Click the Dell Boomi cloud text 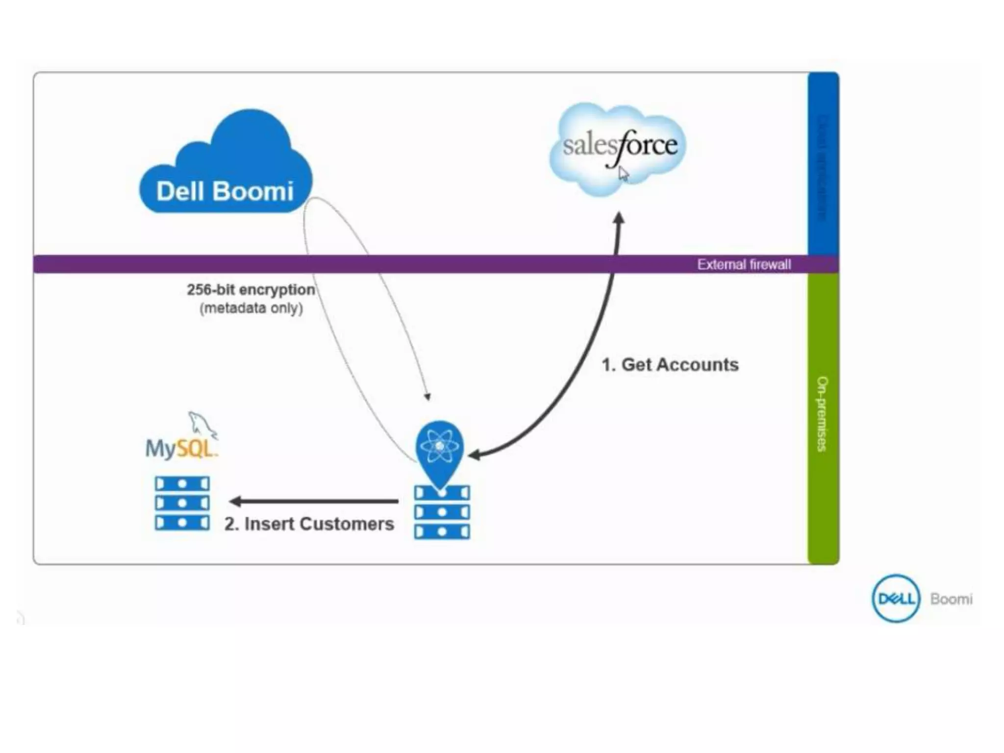[x=225, y=191]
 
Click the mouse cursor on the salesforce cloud [x=623, y=174]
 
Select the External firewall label [x=744, y=265]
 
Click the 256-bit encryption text [x=251, y=290]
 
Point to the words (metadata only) [x=251, y=308]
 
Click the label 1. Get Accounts [x=670, y=365]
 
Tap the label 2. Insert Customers [x=309, y=524]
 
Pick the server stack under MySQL [x=182, y=503]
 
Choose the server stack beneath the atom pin [x=442, y=512]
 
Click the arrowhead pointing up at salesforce [x=619, y=219]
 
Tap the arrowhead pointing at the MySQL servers [x=235, y=501]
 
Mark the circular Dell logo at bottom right [x=895, y=599]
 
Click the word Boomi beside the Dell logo [x=951, y=599]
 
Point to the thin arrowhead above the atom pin [x=427, y=397]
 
